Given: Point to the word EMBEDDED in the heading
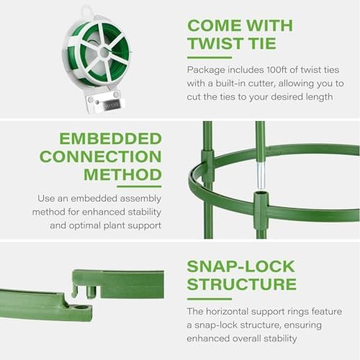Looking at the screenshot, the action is [110, 138].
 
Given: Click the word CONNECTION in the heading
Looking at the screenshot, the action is [101, 156].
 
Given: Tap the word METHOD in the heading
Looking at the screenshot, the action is [122, 174].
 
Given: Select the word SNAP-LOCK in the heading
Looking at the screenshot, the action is [240, 266].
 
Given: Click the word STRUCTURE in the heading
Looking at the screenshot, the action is [242, 284].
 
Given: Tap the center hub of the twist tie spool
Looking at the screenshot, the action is [104, 53].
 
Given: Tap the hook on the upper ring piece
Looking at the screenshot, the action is [75, 291].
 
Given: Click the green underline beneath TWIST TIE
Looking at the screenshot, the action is [210, 58].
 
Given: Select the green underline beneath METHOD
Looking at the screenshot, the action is [139, 186].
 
